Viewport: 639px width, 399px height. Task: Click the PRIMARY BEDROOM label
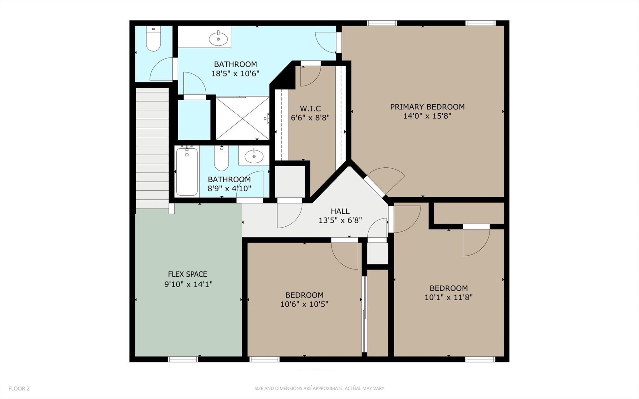click(x=427, y=107)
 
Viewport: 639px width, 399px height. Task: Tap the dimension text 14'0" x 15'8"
click(x=427, y=116)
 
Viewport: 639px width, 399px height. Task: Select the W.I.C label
click(x=310, y=109)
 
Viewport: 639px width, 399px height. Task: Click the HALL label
click(x=340, y=211)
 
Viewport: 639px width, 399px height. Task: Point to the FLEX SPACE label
click(x=187, y=274)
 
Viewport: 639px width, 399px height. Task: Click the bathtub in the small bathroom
click(x=187, y=171)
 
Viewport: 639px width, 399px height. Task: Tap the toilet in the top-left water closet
click(x=153, y=39)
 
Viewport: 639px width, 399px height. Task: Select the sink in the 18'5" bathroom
click(x=218, y=39)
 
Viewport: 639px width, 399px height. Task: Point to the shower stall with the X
click(x=243, y=118)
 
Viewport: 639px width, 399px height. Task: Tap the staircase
click(x=152, y=148)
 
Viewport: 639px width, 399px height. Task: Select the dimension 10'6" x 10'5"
click(x=304, y=304)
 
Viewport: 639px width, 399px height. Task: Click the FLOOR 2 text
click(x=19, y=389)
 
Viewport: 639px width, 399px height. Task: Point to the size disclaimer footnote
click(x=319, y=389)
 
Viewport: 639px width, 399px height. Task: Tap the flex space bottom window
click(x=183, y=359)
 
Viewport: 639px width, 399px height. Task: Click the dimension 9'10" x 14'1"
click(x=188, y=284)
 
